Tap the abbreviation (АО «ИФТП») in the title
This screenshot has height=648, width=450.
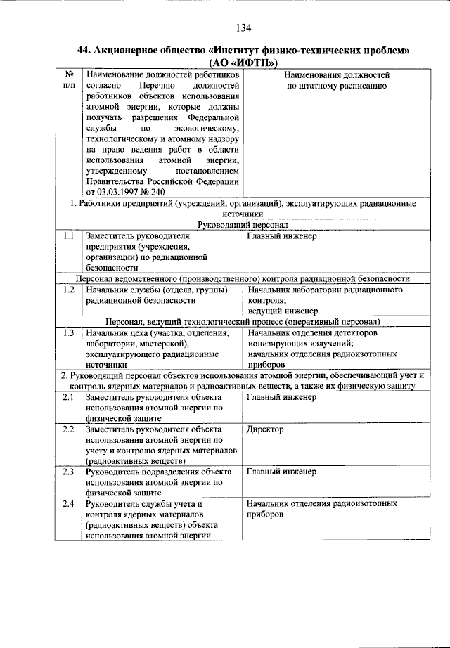(x=243, y=63)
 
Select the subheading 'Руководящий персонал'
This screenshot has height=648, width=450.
(x=243, y=225)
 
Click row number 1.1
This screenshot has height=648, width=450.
(x=68, y=236)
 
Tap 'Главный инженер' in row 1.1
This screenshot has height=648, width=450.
(x=282, y=236)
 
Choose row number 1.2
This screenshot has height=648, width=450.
(x=68, y=290)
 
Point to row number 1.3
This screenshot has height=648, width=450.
(x=68, y=332)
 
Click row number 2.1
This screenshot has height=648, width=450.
(x=68, y=397)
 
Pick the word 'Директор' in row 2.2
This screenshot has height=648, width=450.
(x=266, y=429)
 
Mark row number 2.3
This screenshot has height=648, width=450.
(x=68, y=472)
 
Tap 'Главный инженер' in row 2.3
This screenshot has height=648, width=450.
(x=282, y=472)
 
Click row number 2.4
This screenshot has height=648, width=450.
(x=68, y=504)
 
